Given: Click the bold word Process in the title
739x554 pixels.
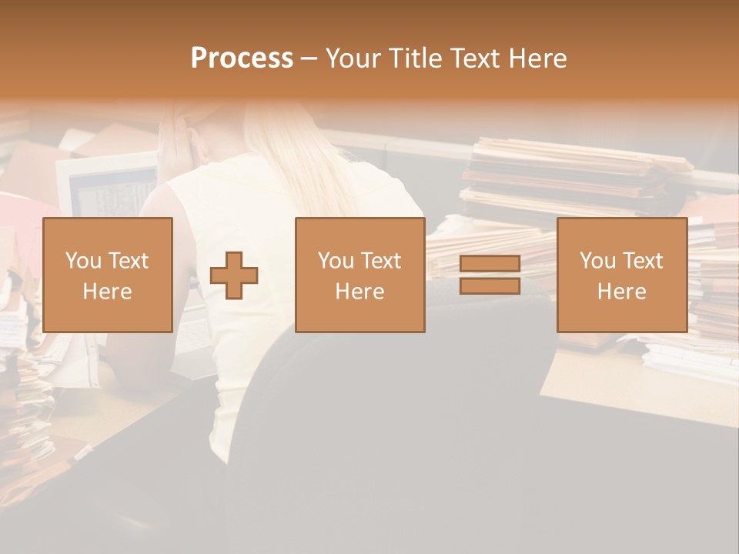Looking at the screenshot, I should coord(242,58).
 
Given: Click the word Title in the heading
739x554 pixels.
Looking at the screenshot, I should coord(416,58).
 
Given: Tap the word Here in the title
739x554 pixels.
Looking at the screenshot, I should coord(536,58).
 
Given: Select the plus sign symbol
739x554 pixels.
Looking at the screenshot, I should coord(234,275).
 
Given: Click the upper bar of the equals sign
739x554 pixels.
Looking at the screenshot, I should coord(490,264).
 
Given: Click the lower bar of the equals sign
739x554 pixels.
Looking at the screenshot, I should coord(490,286).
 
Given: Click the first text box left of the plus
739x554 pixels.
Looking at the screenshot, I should coord(107,275).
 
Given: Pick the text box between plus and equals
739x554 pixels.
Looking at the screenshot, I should coord(359,275).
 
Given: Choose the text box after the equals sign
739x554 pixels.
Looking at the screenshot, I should coord(621,275).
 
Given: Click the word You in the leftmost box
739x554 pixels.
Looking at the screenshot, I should coord(83,261).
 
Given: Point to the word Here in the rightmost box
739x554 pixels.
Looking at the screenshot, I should coord(621,291).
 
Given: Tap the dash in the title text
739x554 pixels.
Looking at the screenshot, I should coord(309,58).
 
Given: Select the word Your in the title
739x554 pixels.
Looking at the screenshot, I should coord(352,58).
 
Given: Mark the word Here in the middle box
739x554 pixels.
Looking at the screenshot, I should coord(359,291).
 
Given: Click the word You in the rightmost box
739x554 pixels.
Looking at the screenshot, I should coord(597,261).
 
